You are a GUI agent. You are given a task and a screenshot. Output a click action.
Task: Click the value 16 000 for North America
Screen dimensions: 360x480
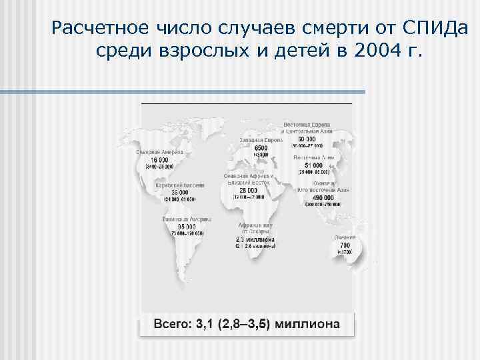pos(159,160)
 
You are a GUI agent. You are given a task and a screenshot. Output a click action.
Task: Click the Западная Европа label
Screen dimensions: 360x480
pos(261,141)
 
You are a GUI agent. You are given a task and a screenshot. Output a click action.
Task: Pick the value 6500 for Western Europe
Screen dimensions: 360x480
pos(261,148)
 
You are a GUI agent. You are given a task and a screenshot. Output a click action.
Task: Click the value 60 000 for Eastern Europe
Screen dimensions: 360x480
pos(307,139)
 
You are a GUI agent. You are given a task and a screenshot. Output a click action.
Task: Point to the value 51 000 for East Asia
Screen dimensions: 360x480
pos(313,165)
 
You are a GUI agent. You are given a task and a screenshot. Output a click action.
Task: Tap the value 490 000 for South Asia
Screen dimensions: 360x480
pos(323,197)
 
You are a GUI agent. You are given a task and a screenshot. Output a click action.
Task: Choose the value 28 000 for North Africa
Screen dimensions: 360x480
pos(249,190)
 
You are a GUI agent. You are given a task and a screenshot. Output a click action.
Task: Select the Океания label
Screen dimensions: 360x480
pos(344,238)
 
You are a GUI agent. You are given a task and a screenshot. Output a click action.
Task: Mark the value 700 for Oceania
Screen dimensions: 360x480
pos(344,245)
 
